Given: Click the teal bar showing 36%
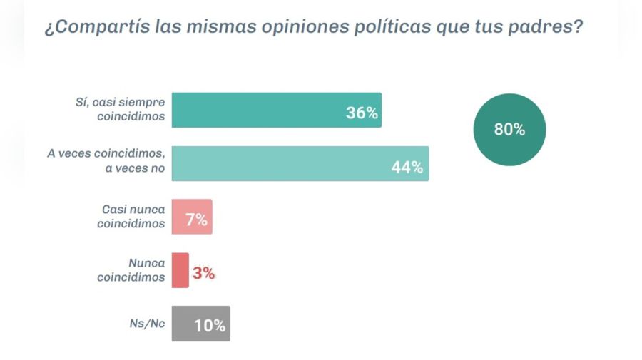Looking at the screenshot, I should [277, 110].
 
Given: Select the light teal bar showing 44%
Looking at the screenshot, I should [300, 163].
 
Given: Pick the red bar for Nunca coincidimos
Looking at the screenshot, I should [180, 270].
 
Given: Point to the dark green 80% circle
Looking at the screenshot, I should [509, 129].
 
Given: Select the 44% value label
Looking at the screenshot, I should [407, 168].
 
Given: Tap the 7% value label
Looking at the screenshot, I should [196, 220].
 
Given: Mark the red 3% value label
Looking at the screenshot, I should [203, 273].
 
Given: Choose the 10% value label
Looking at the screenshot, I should [210, 326].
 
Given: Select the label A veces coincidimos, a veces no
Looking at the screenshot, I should [121, 163].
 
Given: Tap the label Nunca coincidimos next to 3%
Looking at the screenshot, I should [131, 269].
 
